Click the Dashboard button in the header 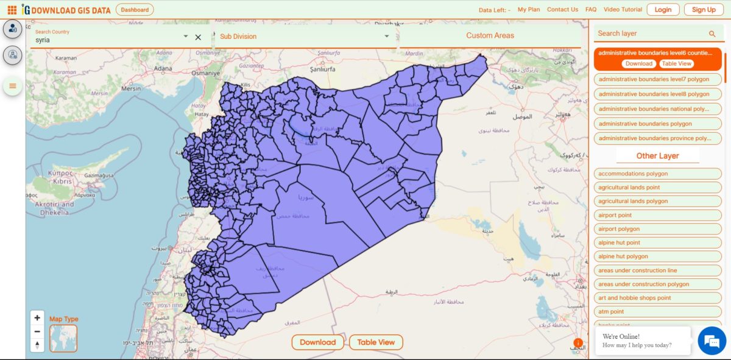point(135,10)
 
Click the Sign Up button point(704,10)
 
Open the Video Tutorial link point(623,10)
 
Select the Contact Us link point(562,10)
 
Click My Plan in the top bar point(529,10)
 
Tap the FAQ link point(591,10)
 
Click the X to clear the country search point(198,37)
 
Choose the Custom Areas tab point(490,35)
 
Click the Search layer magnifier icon point(712,34)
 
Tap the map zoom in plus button point(38,318)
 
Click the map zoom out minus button point(38,331)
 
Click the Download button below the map point(317,342)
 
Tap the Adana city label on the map point(163,68)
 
